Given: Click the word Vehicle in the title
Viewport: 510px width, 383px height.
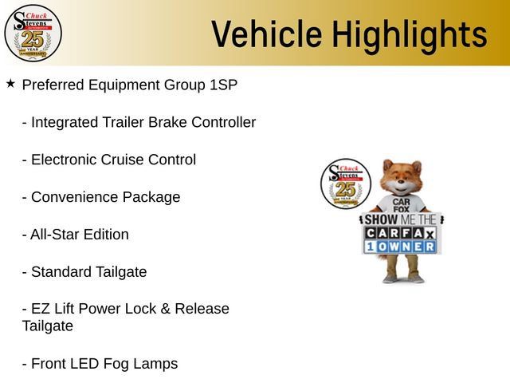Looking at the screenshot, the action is (x=267, y=34).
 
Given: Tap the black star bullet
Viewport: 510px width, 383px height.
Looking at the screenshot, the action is (x=10, y=84).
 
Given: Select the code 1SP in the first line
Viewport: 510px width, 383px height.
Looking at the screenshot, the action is (x=223, y=85).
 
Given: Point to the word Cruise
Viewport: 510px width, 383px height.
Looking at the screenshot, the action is (x=122, y=160).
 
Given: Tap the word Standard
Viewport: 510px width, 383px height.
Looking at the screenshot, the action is (x=61, y=272).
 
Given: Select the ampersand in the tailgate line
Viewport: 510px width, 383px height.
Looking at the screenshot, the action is (x=165, y=309).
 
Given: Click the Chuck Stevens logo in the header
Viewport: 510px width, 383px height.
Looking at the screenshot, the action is (x=33, y=33).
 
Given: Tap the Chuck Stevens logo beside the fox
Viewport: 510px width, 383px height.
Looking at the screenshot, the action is (x=346, y=184).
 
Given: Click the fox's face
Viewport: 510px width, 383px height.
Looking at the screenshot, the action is (x=402, y=177).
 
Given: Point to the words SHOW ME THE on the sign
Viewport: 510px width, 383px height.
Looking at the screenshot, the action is (x=400, y=219).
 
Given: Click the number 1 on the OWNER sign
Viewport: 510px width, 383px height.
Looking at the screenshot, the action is (x=370, y=247).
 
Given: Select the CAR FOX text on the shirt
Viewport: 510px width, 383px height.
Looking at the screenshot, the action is (x=401, y=206).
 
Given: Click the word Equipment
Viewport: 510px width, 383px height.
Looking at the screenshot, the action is (x=124, y=85).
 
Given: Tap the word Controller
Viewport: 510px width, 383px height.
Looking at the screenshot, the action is (x=223, y=122).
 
